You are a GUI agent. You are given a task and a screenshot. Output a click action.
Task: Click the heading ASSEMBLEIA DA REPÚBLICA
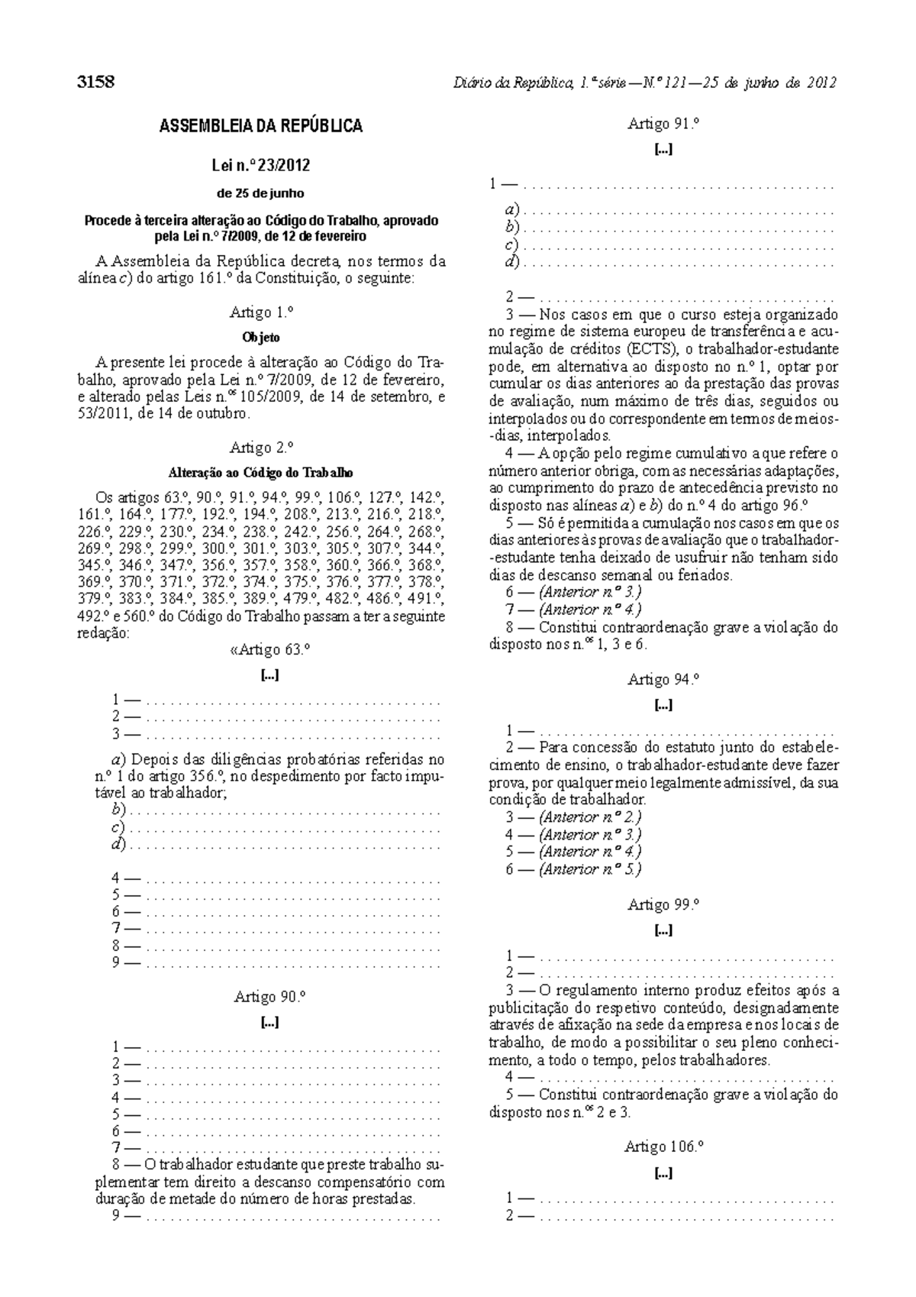tap(261, 127)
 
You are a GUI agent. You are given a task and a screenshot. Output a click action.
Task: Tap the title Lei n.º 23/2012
tap(261, 166)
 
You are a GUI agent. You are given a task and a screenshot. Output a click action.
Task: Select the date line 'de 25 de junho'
tap(261, 193)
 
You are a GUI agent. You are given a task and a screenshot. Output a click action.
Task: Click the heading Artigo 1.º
tap(261, 312)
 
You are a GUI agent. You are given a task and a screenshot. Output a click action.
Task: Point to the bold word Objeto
tap(261, 337)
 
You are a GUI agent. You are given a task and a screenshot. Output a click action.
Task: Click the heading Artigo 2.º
tap(261, 448)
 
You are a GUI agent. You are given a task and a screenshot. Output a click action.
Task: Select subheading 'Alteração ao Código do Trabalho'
tap(261, 473)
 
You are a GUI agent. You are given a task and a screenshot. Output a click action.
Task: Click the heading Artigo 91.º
tap(663, 124)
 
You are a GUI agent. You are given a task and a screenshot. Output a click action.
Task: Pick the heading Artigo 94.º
tap(663, 679)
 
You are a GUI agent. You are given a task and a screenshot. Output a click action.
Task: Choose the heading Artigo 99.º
tap(663, 904)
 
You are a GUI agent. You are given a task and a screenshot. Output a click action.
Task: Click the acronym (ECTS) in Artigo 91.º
tap(657, 350)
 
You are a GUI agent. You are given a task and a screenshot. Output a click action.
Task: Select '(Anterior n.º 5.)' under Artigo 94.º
tap(589, 869)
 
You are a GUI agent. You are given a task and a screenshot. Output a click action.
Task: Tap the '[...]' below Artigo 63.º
tap(269, 675)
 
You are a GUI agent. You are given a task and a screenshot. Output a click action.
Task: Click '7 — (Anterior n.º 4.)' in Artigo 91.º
tap(573, 610)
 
